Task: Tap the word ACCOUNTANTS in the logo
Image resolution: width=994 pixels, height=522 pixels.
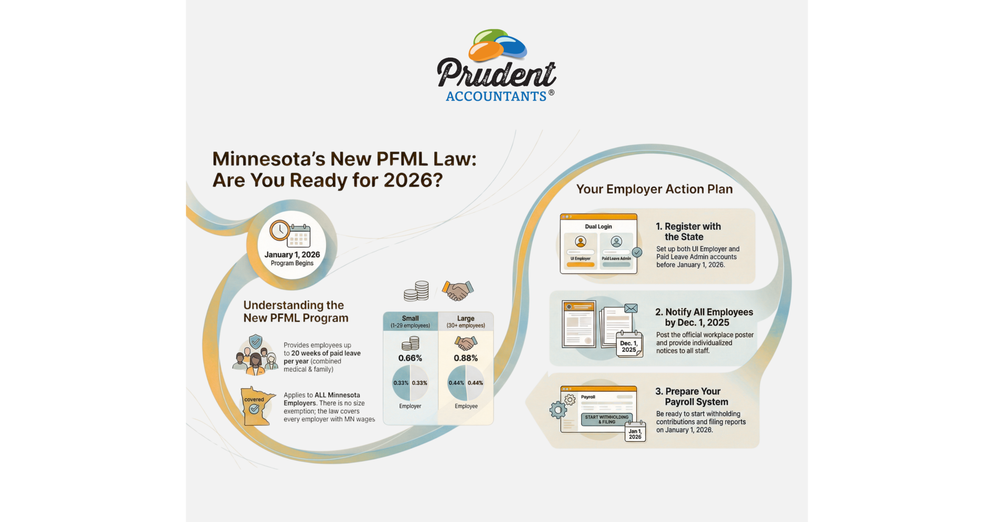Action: tap(496, 96)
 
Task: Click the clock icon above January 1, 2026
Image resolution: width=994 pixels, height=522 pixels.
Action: tap(280, 230)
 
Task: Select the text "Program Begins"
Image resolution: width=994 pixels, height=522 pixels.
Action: tap(292, 263)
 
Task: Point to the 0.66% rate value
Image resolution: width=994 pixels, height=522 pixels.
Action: tap(410, 358)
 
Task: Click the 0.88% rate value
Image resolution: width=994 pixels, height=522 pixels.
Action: tap(466, 358)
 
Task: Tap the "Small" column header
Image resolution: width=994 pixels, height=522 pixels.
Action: tap(410, 318)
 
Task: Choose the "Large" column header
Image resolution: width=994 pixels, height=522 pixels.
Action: tap(466, 318)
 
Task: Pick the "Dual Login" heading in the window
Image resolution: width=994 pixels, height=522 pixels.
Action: tap(598, 226)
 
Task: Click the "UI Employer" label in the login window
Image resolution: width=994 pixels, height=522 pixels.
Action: tap(580, 258)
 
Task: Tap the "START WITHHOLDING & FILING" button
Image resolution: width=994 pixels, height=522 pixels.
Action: tap(606, 419)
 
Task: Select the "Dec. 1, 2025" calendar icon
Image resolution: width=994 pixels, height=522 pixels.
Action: tap(629, 344)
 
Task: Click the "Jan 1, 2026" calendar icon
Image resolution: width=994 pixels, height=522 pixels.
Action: tap(635, 432)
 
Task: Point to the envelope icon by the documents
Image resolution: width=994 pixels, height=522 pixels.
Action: tap(631, 308)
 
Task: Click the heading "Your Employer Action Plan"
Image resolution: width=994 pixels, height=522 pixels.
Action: tap(654, 189)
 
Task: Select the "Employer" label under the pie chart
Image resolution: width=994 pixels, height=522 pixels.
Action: tap(410, 406)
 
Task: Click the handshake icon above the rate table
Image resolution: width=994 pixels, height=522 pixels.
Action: tap(458, 291)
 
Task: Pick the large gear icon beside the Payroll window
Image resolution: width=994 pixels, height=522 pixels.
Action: tap(558, 410)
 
